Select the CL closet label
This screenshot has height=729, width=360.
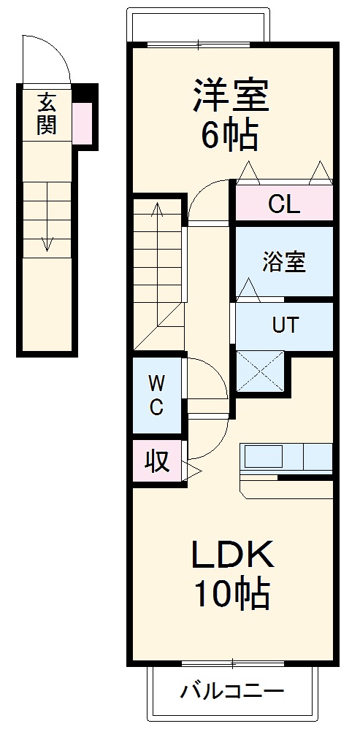[283, 204]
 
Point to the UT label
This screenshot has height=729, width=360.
[285, 325]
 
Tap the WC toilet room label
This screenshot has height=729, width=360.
[156, 396]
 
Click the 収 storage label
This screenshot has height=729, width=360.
[156, 461]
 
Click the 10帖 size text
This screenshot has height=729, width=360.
[232, 595]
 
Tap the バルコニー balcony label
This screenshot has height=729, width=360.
[233, 690]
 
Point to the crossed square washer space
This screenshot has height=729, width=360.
[260, 371]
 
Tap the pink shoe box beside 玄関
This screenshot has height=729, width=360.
[82, 122]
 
